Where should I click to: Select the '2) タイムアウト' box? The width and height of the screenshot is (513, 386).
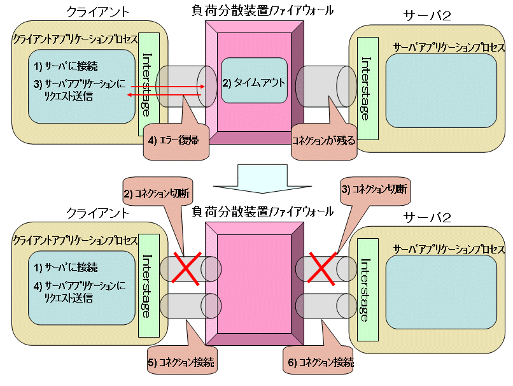tap(253, 83)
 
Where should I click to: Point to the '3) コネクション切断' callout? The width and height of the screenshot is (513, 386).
tap(374, 189)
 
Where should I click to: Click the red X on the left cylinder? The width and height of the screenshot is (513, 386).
tap(184, 267)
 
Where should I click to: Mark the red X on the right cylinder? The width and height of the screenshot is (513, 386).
tap(323, 268)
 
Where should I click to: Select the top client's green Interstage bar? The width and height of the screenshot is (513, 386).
tap(148, 83)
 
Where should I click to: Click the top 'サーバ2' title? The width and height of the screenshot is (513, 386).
tap(428, 17)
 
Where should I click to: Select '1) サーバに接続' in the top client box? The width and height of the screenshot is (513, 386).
tap(66, 67)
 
